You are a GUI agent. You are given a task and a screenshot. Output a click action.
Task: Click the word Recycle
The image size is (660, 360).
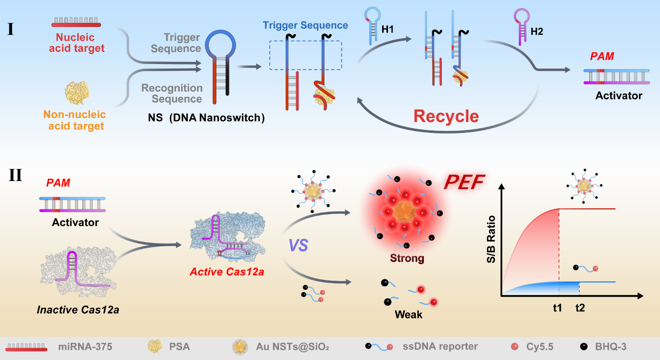(446, 117)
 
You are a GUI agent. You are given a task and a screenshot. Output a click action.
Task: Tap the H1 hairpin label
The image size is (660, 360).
(387, 29)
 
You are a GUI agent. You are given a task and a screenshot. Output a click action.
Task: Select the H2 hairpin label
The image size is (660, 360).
(537, 31)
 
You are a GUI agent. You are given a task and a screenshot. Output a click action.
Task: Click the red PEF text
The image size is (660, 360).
(464, 182)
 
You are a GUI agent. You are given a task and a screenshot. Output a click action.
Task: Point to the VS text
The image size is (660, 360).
(298, 245)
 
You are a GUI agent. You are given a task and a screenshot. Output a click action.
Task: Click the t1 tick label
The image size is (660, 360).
(557, 308)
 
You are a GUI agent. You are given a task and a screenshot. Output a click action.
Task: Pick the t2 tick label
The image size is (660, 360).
(580, 308)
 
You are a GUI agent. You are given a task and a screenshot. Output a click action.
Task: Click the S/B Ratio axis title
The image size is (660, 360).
(491, 239)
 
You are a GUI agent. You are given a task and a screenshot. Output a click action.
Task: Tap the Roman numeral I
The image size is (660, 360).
(11, 29)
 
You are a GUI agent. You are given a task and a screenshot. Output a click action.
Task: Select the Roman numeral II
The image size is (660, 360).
(15, 175)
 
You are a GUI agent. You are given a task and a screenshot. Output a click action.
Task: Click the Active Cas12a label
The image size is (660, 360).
(227, 272)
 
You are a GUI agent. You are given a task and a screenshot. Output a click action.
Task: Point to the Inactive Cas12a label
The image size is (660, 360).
(78, 310)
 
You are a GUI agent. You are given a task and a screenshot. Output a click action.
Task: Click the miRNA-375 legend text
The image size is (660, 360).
(85, 347)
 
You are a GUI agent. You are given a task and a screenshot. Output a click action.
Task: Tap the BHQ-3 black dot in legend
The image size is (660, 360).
(584, 347)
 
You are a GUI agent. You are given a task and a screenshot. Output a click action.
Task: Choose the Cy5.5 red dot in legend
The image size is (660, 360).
(515, 347)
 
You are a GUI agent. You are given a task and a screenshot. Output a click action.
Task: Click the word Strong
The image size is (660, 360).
(407, 258)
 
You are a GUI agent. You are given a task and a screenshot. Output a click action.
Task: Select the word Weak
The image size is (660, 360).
(408, 314)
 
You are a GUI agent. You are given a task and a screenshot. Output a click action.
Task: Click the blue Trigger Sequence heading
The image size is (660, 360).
(305, 25)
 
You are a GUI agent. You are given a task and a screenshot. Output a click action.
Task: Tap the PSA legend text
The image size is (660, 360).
(179, 347)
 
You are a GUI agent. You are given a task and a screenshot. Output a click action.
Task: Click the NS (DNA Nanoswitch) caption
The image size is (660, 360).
(206, 118)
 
